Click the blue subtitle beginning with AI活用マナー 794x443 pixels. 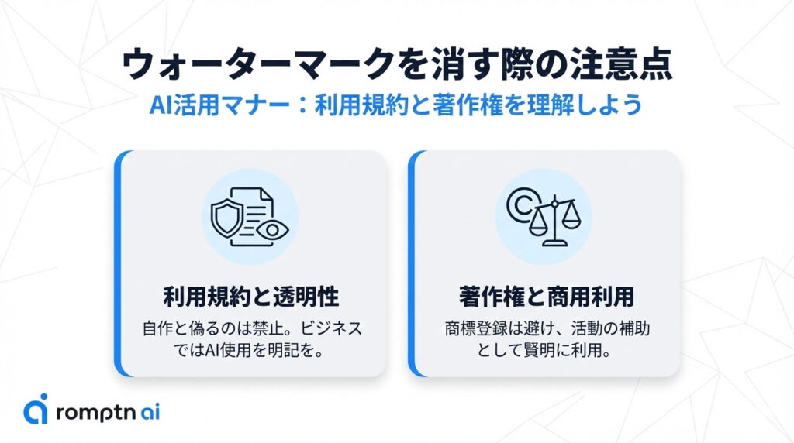[x=396, y=105]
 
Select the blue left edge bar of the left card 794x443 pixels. [x=119, y=263]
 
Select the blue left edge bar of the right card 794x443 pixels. [x=413, y=263]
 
